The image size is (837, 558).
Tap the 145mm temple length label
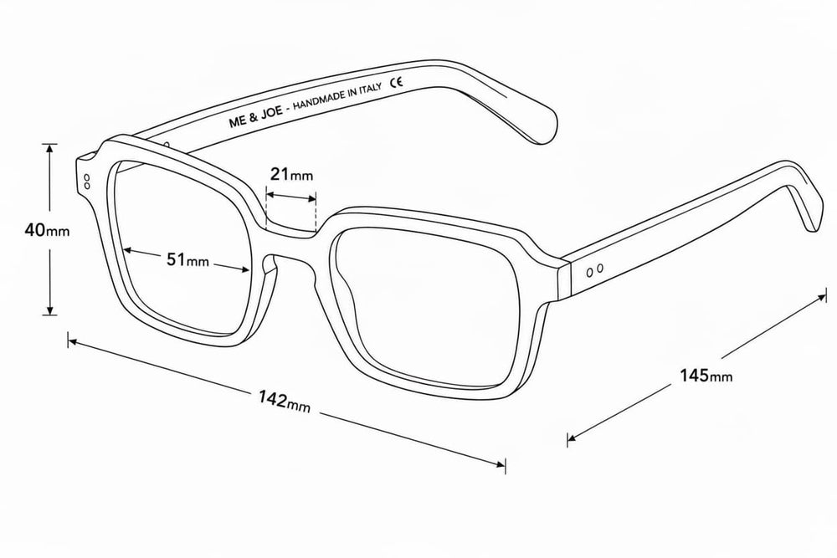click(x=706, y=376)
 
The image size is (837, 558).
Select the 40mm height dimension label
click(x=47, y=230)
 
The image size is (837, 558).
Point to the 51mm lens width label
click(x=187, y=260)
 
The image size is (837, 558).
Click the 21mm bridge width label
click(x=291, y=174)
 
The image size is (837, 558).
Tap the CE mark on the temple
click(x=396, y=83)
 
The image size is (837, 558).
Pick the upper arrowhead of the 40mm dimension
click(x=49, y=148)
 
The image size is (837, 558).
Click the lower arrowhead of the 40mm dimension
click(x=49, y=310)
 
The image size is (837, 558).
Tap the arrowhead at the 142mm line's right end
click(x=501, y=463)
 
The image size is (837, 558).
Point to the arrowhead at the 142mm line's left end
click(x=73, y=340)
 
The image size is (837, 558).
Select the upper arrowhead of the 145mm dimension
click(x=822, y=296)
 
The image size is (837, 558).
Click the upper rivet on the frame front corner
click(x=87, y=177)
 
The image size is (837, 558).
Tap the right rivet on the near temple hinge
click(x=600, y=268)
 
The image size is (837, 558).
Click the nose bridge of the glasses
click(x=291, y=245)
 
